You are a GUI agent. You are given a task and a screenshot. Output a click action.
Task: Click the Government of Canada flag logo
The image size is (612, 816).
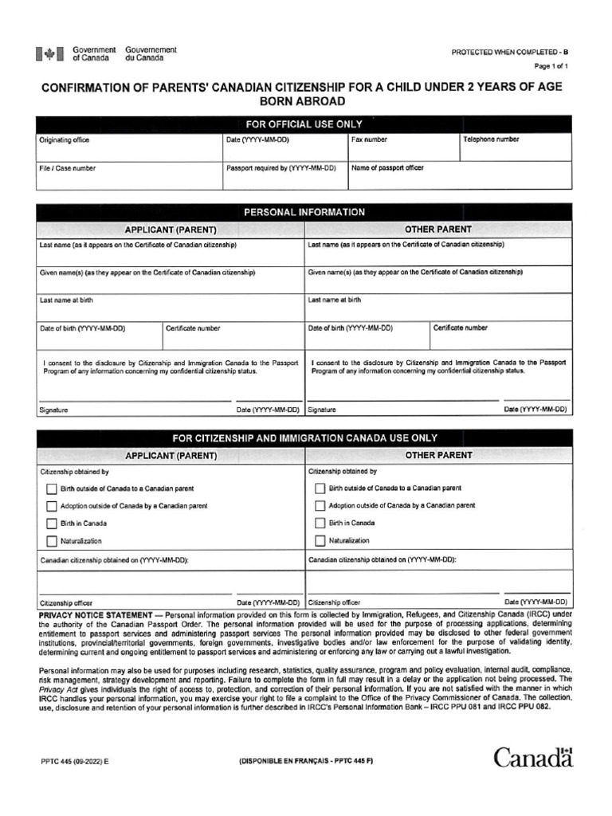pyautogui.click(x=50, y=54)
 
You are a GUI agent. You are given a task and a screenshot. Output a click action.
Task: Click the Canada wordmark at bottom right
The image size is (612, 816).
pyautogui.click(x=532, y=757)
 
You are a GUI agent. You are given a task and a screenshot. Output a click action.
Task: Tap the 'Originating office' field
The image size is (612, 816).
pyautogui.click(x=129, y=147)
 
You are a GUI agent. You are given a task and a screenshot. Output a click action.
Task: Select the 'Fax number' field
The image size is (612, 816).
pyautogui.click(x=403, y=147)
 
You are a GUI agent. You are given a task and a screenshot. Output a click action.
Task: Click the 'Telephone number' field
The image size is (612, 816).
pyautogui.click(x=515, y=147)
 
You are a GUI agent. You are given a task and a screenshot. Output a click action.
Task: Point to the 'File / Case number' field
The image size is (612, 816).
pyautogui.click(x=129, y=175)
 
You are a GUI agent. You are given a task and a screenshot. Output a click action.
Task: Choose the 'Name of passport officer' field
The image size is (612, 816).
pyautogui.click(x=459, y=175)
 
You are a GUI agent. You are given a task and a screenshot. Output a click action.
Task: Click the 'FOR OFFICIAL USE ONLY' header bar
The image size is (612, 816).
pyautogui.click(x=304, y=124)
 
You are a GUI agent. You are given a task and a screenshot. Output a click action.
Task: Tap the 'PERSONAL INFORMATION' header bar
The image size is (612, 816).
pyautogui.click(x=304, y=213)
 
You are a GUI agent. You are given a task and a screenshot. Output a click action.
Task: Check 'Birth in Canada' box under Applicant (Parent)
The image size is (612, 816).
pyautogui.click(x=52, y=524)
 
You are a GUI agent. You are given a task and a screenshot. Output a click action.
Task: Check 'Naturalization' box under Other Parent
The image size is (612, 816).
pyautogui.click(x=320, y=541)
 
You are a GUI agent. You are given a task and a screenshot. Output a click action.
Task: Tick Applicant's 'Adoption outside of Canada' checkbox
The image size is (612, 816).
pyautogui.click(x=52, y=506)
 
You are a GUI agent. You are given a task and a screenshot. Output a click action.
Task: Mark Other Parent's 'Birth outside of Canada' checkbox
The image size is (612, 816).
pyautogui.click(x=320, y=488)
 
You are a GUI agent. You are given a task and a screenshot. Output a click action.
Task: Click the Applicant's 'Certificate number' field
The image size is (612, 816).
pyautogui.click(x=232, y=335)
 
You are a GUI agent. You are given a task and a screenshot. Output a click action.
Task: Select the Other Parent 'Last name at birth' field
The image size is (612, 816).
pyautogui.click(x=438, y=306)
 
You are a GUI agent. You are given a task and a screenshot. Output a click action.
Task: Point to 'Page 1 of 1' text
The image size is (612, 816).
pyautogui.click(x=551, y=66)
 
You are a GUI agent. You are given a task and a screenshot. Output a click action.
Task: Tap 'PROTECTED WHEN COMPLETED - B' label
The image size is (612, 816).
pyautogui.click(x=510, y=53)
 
